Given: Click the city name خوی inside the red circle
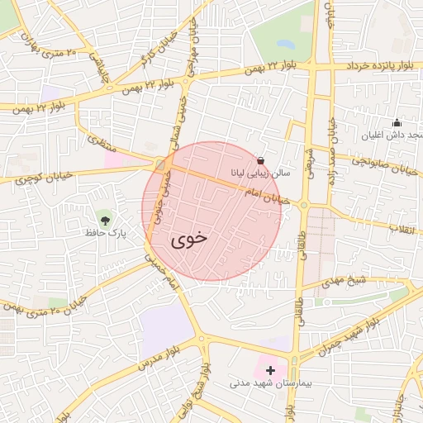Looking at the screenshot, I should point(189,240).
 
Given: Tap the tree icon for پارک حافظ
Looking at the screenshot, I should point(104,219).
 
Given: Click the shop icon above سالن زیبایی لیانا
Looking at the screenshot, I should point(261,160).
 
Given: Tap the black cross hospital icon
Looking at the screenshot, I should point(270,370).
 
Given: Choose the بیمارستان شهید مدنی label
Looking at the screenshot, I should point(264,384).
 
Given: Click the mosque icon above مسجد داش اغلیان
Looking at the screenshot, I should point(397,123).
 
